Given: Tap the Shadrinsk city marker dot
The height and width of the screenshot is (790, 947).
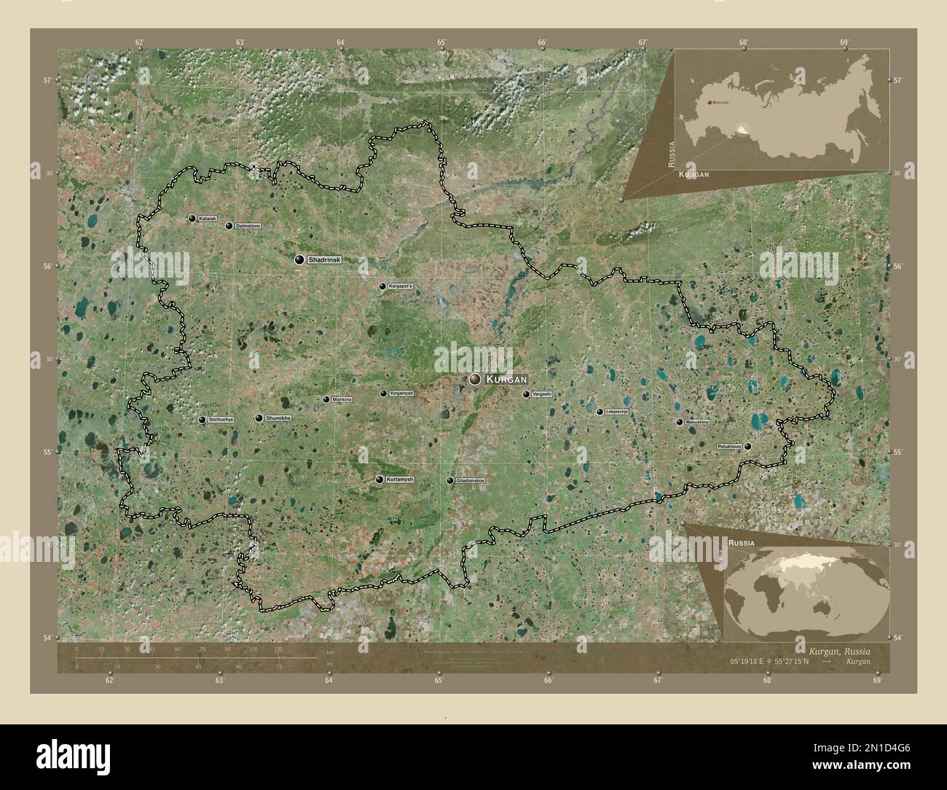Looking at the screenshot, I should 299,259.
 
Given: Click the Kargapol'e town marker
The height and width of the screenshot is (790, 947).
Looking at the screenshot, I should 382,286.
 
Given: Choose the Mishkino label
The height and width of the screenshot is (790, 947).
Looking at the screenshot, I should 342,399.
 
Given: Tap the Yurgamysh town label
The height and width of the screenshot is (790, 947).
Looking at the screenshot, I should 401,394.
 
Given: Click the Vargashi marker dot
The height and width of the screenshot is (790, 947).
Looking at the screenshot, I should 526,394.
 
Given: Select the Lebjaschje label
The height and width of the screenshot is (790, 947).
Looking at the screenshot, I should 617,412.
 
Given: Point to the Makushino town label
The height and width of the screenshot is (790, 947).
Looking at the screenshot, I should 697,422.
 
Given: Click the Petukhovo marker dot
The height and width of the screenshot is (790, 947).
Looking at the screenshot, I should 747,446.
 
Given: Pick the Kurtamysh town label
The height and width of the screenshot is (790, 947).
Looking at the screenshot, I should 400,480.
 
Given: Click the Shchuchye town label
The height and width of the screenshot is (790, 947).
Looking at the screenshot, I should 221,420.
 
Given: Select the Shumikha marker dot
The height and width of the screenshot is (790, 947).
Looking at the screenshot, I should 259,418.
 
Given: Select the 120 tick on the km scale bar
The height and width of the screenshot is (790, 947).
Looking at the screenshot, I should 278,649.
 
